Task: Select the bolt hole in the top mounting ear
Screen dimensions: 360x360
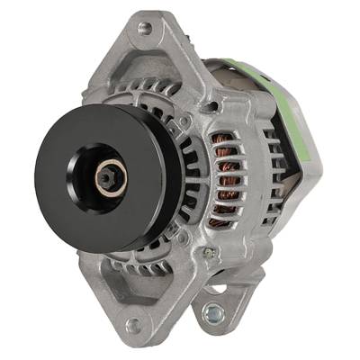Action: coord(145,29)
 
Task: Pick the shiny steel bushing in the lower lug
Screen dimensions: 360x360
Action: coord(213,311)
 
